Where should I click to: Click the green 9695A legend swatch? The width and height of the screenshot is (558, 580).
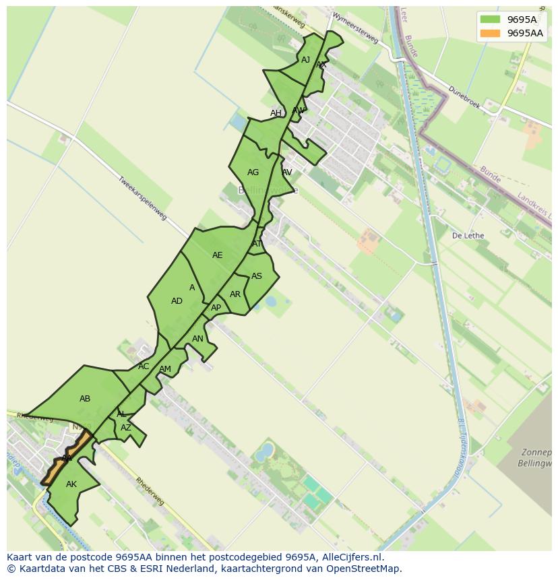pos(491,20)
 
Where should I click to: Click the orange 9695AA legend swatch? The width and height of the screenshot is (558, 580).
pos(491,33)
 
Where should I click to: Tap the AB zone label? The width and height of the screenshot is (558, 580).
pos(85,399)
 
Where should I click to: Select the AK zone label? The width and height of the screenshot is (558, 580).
pos(71,484)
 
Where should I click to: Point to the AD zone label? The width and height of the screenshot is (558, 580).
pos(177,301)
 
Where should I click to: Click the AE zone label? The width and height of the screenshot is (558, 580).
pos(217,255)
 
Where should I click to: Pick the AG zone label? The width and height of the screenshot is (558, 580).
pos(253,172)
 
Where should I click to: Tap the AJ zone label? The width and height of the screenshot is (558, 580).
pos(306,60)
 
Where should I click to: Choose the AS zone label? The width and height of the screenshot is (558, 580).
pos(257,276)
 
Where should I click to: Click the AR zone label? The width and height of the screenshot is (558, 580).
pos(235,294)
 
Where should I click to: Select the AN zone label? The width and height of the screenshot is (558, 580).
pos(197,339)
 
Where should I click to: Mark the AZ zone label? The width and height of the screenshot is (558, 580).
pos(126,428)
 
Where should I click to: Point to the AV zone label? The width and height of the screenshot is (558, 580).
pos(287,172)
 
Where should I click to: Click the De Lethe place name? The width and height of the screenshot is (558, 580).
pos(468,236)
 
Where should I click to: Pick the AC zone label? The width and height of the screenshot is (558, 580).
pos(144,366)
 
